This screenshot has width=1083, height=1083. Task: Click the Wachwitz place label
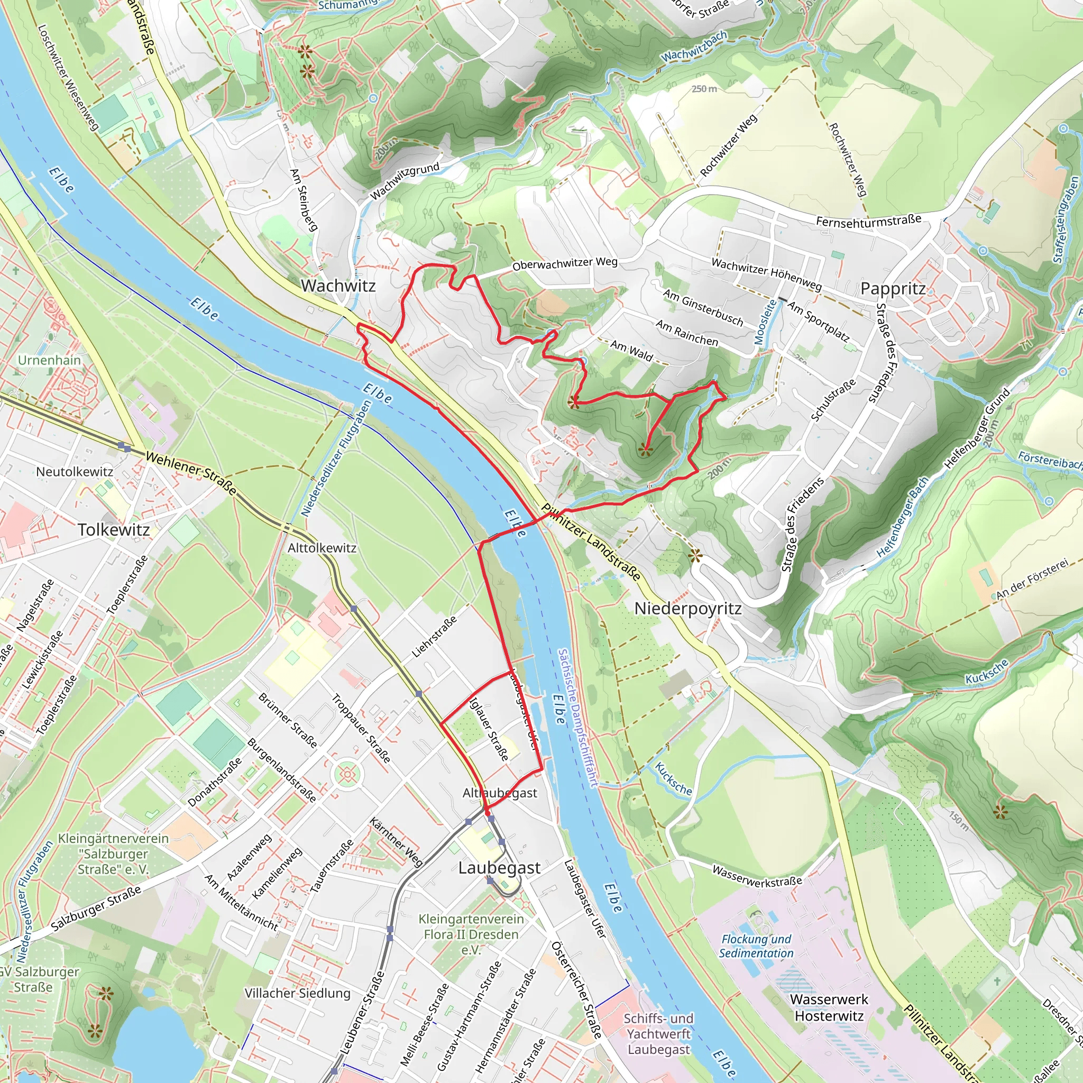[338, 286]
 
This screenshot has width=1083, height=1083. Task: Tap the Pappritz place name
[893, 289]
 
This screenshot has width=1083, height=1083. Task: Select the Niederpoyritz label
[688, 608]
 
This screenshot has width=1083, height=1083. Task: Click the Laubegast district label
[499, 868]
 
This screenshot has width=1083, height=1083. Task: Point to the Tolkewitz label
[114, 530]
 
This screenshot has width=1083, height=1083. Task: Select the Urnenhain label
[49, 360]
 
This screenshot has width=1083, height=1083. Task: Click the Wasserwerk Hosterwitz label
[829, 1007]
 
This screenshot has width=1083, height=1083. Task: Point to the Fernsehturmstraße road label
[868, 221]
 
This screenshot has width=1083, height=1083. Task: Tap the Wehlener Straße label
[190, 474]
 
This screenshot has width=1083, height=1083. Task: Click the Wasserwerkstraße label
[757, 876]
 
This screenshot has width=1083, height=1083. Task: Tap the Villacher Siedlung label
[297, 993]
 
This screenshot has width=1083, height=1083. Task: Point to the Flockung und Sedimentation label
[756, 946]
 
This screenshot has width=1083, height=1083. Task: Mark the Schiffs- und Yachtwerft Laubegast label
[659, 1034]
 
